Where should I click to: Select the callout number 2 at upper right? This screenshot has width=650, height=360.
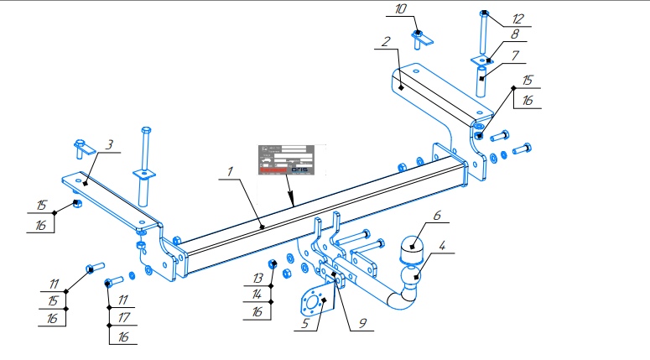(x=384, y=40)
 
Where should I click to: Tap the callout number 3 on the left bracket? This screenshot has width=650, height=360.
(x=108, y=145)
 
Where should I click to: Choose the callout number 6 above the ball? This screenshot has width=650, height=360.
(x=436, y=216)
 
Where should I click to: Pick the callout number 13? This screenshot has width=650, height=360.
(x=258, y=277)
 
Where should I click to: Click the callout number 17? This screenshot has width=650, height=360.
(x=123, y=318)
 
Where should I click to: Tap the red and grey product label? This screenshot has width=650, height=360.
(x=285, y=159)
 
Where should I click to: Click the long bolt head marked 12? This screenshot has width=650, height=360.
(x=486, y=13)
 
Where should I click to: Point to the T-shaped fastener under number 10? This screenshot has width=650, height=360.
(x=420, y=38)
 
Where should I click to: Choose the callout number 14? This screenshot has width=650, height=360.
(x=258, y=295)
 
